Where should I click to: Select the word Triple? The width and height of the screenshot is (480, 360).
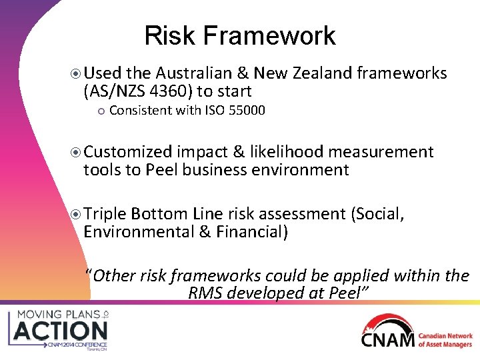pyautogui.click(x=105, y=214)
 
